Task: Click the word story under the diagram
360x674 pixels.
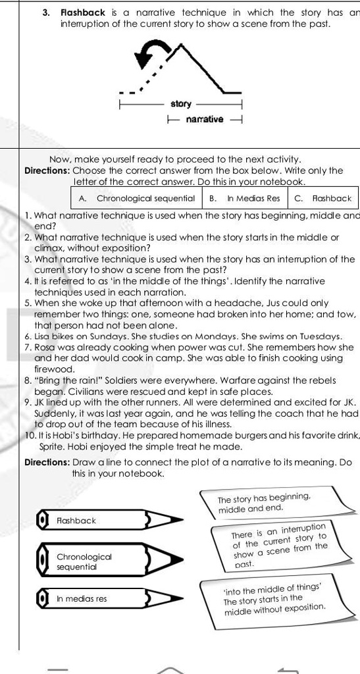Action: tap(181, 104)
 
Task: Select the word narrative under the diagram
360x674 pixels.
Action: tap(205, 119)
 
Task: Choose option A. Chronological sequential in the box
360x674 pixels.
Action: tap(137, 197)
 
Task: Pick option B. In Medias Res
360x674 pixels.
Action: tap(244, 197)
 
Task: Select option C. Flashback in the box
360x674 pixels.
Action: tap(322, 197)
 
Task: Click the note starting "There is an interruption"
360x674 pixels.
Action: tap(280, 546)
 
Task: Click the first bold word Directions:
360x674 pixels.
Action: tap(47, 170)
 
